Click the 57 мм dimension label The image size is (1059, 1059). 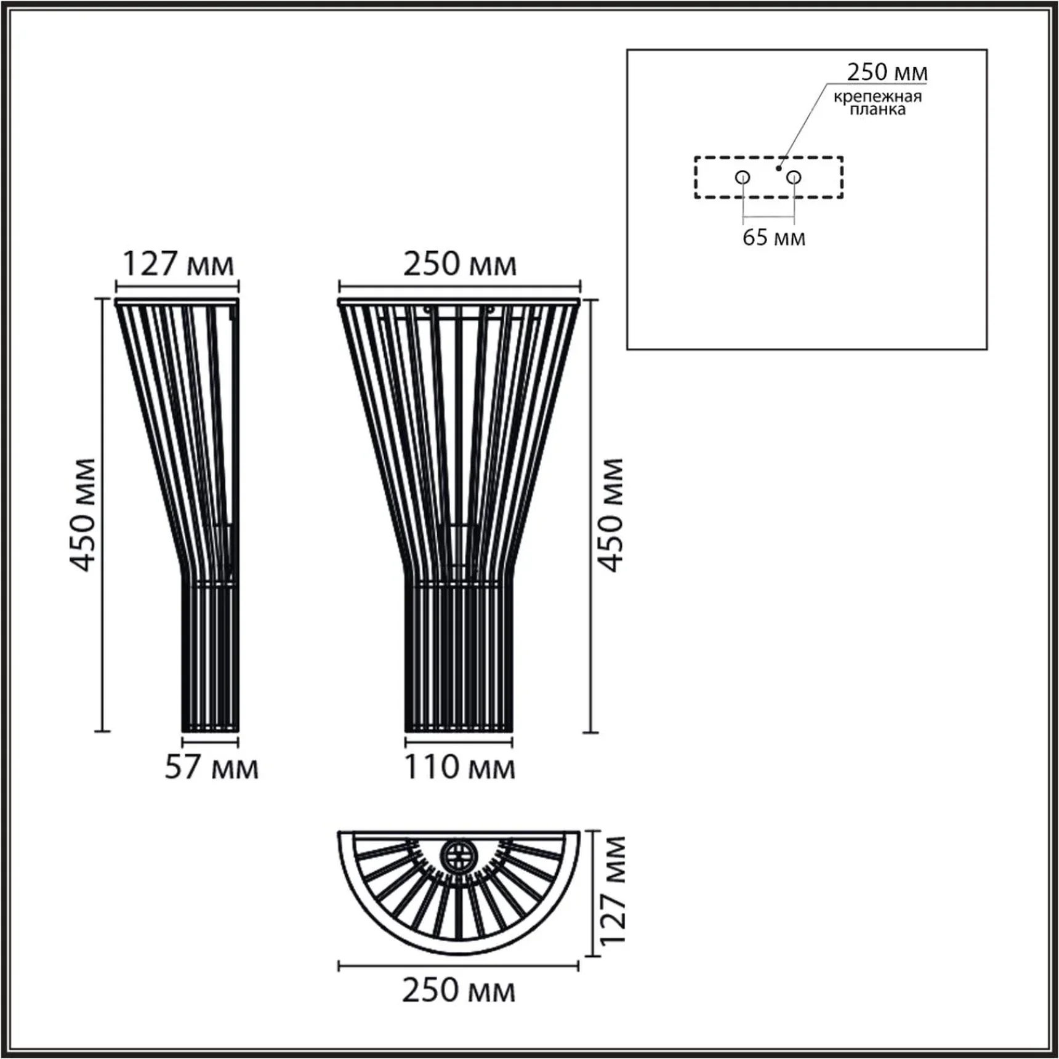point(211,767)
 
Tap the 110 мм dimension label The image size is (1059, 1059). point(459,767)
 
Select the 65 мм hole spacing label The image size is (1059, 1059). point(773,237)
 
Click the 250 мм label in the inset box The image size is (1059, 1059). point(887,72)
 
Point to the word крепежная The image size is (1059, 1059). point(877,97)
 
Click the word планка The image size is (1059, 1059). point(877,110)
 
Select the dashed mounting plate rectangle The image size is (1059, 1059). point(695,177)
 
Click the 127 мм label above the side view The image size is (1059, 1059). point(178,264)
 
